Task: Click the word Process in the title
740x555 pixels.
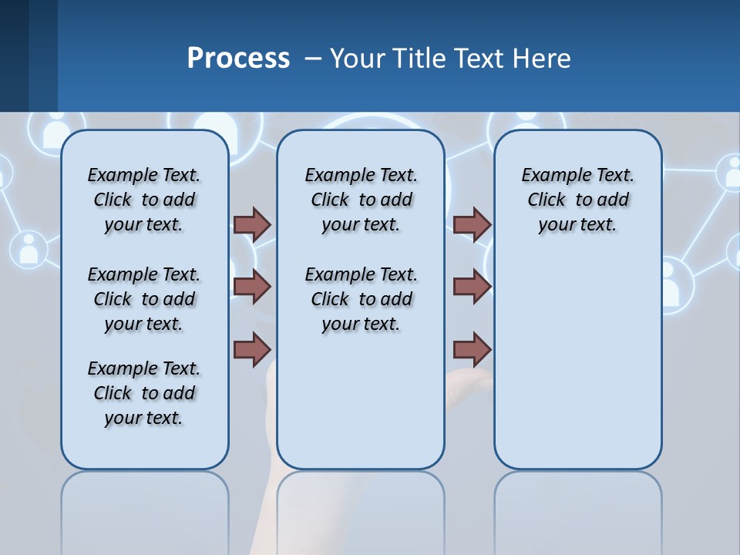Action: coord(238,58)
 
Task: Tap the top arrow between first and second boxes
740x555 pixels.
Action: coord(252,224)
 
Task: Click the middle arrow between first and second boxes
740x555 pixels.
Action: coord(252,287)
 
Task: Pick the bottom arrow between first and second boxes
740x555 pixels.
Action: coord(252,349)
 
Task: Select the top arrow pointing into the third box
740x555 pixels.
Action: coord(472,224)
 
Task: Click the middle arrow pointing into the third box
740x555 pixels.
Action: coord(472,287)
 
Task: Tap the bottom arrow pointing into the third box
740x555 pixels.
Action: coord(472,349)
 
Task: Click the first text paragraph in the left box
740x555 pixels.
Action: coord(144,200)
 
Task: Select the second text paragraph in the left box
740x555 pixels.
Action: coord(144,299)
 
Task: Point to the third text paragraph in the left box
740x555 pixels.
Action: coord(144,393)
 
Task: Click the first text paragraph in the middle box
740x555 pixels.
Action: coord(361,200)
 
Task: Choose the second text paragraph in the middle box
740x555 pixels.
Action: coord(361,299)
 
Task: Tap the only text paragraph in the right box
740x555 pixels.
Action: coord(577,200)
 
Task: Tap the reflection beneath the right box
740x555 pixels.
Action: coord(577,509)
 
